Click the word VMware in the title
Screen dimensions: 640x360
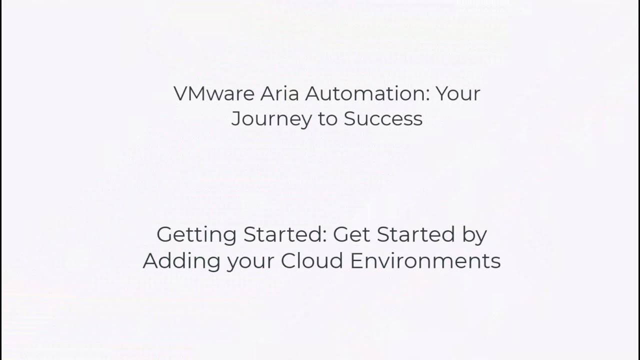[x=214, y=93]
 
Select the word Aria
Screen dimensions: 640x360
[x=279, y=93]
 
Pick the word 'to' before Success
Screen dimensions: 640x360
[x=327, y=119]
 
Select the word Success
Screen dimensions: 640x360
[x=383, y=118]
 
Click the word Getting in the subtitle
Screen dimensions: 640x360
[x=196, y=235]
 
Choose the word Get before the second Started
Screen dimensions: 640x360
[x=351, y=234]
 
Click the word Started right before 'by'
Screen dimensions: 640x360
[x=415, y=234]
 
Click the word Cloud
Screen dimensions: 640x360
[x=311, y=260]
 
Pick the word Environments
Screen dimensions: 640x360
[x=425, y=260]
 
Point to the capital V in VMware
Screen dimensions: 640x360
[x=181, y=93]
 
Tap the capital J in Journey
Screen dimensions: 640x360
[x=236, y=119]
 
